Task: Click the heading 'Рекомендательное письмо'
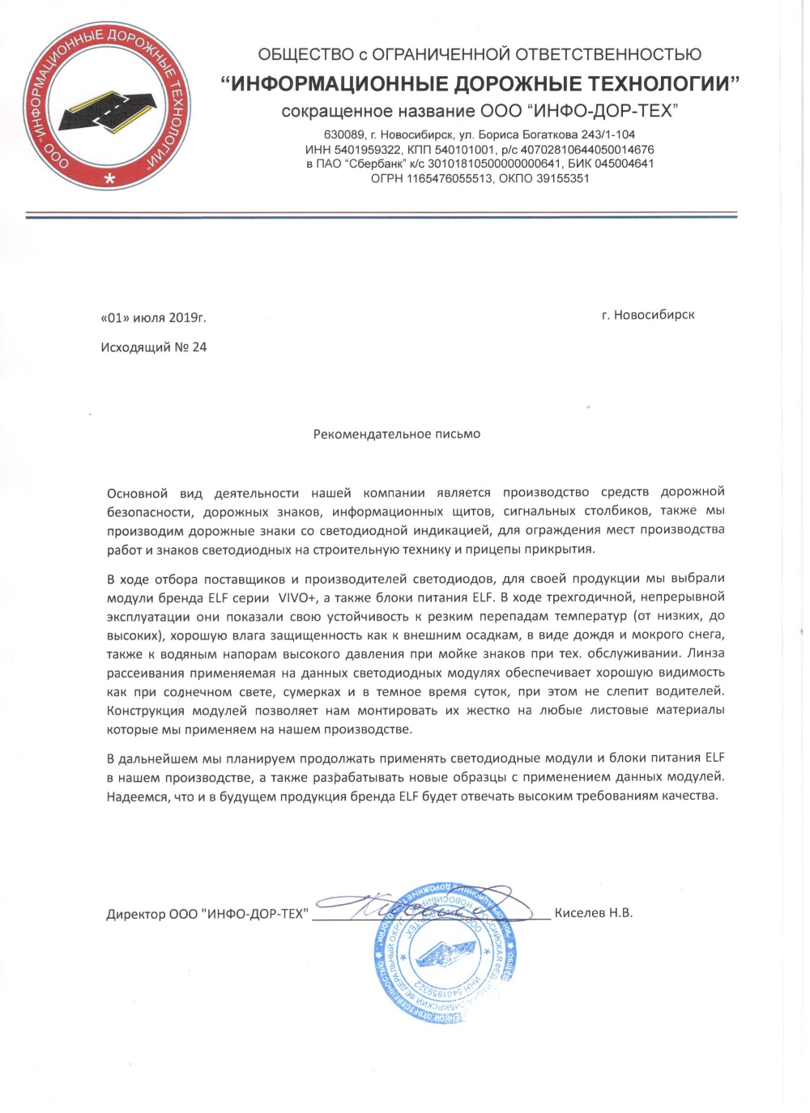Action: [397, 435]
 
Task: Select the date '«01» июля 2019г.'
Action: [159, 318]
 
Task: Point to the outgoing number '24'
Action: [199, 347]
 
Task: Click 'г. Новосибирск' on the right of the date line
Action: [648, 315]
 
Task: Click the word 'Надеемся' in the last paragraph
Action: [134, 796]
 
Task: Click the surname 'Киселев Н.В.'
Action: [594, 913]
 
